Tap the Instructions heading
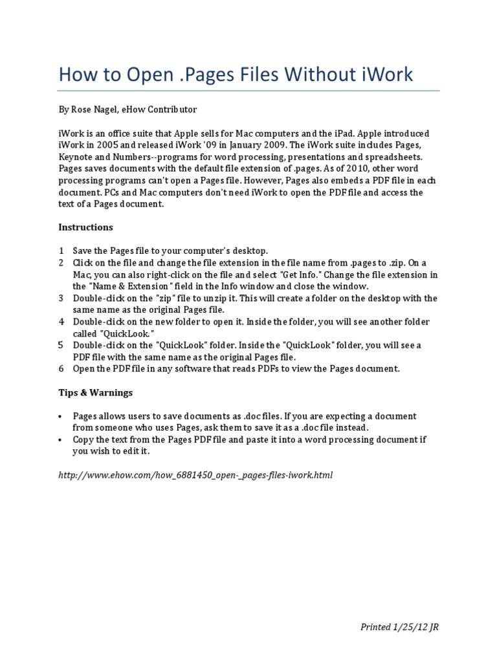pyautogui.click(x=85, y=227)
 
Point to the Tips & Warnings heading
pyautogui.click(x=95, y=392)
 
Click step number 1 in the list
pyautogui.click(x=61, y=251)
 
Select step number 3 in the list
pyautogui.click(x=61, y=298)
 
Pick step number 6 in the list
pyautogui.click(x=61, y=369)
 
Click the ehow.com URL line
pyautogui.click(x=195, y=475)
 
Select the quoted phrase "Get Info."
pyautogui.click(x=304, y=275)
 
